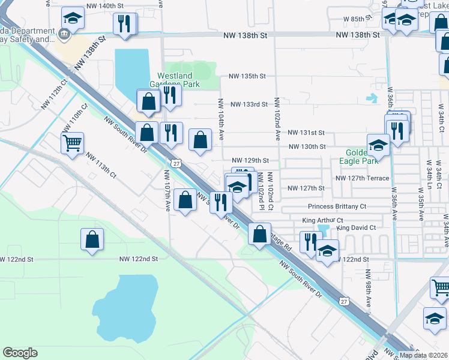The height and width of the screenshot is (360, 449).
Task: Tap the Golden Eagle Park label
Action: (x=361, y=157)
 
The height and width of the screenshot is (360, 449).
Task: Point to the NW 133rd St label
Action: (x=248, y=104)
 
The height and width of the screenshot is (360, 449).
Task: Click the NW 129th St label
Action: (x=250, y=161)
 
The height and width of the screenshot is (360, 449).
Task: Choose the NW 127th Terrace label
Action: (x=363, y=178)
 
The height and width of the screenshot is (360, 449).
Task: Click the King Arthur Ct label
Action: (x=322, y=220)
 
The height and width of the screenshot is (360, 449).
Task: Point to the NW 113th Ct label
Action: (x=100, y=166)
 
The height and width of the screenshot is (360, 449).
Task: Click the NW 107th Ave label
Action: (x=167, y=190)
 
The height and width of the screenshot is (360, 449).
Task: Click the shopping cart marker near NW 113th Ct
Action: (x=72, y=143)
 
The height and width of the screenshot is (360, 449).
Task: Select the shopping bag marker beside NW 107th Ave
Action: (x=186, y=200)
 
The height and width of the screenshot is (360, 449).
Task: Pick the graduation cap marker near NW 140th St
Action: (x=73, y=19)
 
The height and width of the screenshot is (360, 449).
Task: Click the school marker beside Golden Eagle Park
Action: (x=378, y=145)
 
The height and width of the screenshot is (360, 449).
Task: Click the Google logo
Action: (x=20, y=353)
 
